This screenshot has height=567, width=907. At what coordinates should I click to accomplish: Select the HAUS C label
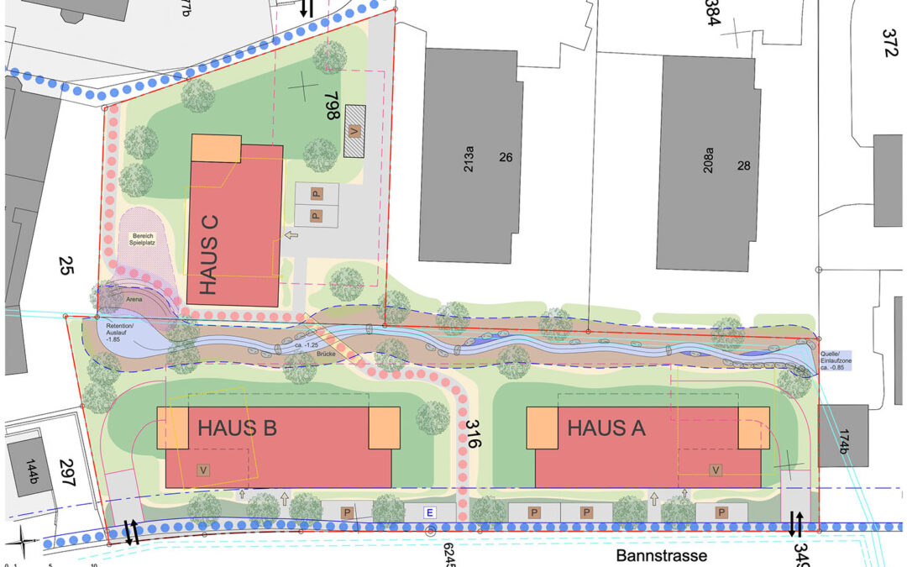[x=210, y=255]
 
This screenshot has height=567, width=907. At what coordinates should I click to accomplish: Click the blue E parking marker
[x=430, y=512]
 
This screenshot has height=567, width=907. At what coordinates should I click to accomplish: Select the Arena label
[x=133, y=298]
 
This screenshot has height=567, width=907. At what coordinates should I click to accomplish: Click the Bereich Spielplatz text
[x=142, y=239]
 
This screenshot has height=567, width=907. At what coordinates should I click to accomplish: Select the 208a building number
[x=708, y=160]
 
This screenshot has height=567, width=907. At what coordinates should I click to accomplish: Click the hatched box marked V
[x=354, y=132]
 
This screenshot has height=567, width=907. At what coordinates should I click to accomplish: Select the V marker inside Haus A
[x=716, y=470]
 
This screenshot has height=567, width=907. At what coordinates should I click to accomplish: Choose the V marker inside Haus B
[x=202, y=470]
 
